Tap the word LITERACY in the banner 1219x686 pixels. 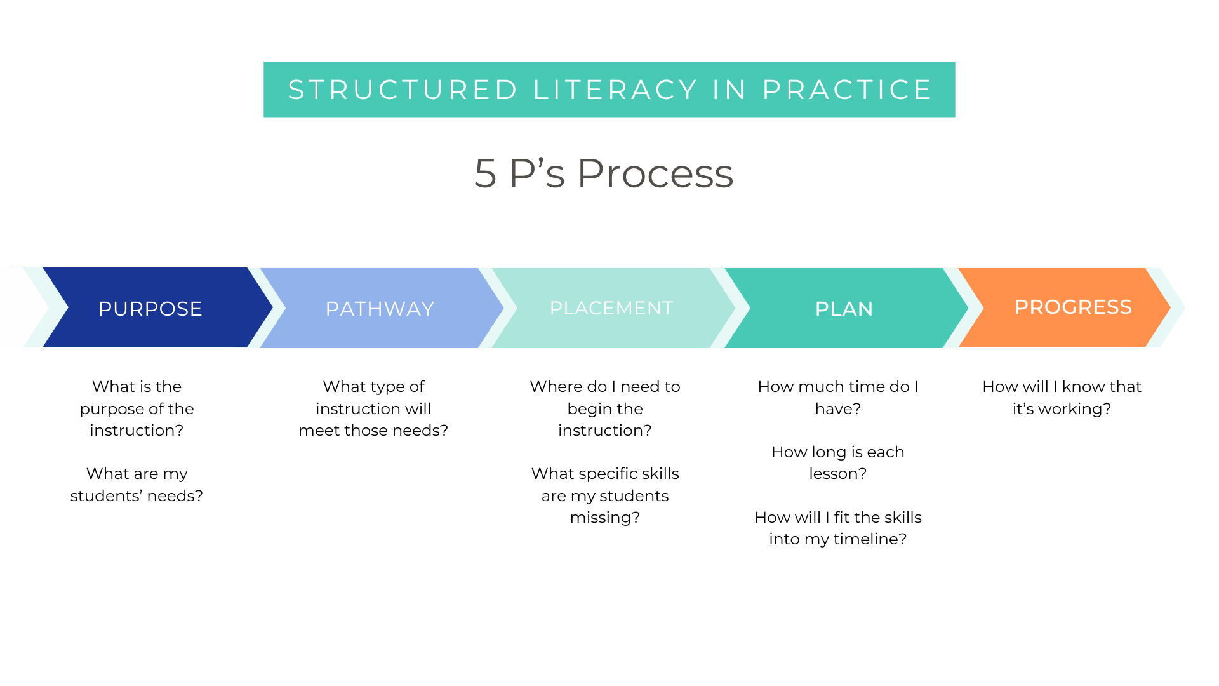(615, 90)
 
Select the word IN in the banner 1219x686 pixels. (729, 90)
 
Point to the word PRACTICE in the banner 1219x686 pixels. (847, 90)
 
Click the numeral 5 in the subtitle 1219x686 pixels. (485, 173)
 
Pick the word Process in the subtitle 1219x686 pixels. (655, 173)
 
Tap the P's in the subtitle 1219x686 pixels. (536, 173)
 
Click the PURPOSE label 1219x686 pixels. (150, 309)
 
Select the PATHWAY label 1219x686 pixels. (380, 309)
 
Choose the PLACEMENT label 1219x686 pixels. (611, 308)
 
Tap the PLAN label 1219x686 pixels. (844, 309)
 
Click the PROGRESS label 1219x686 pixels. (1073, 307)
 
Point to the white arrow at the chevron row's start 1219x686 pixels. (22, 307)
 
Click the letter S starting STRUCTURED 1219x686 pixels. (296, 90)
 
